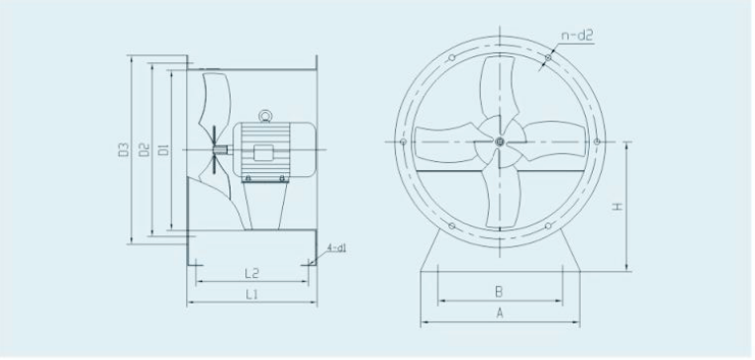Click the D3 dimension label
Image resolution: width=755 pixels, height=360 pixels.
(x=124, y=149)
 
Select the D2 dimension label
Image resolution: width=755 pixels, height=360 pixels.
(x=143, y=149)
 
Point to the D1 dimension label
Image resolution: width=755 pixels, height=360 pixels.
(x=163, y=149)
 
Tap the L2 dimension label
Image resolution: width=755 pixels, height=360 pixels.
(x=251, y=274)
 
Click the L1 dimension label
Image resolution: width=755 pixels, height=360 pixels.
(x=251, y=295)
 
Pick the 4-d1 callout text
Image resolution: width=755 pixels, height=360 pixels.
(x=336, y=248)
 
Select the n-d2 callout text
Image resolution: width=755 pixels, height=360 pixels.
(x=577, y=36)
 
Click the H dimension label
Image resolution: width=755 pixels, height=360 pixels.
(x=617, y=207)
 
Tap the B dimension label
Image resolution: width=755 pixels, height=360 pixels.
(x=500, y=291)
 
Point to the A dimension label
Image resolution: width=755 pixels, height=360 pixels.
(x=500, y=314)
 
